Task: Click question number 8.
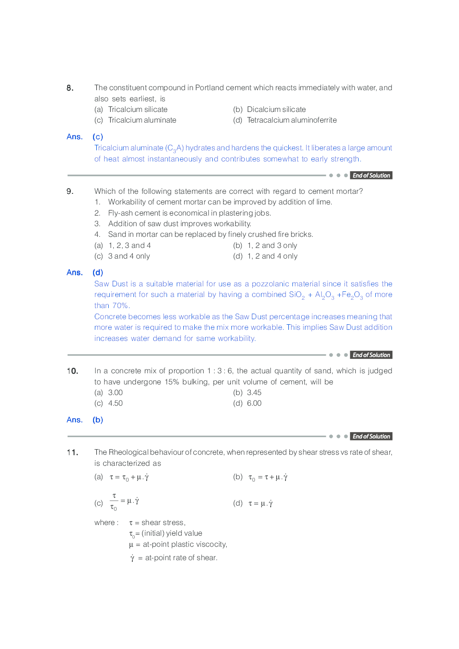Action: coord(70,88)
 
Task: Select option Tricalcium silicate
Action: coord(137,110)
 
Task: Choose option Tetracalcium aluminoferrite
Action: coord(292,120)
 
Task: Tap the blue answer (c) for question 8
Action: coord(98,137)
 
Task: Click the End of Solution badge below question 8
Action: coord(371,176)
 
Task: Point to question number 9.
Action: coord(70,192)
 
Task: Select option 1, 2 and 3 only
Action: coord(272,246)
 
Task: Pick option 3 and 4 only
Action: coord(129,256)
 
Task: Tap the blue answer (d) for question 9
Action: coord(98,272)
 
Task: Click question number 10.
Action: coord(72,371)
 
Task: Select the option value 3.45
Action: coord(254,393)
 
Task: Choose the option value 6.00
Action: coord(254,403)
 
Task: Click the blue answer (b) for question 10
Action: coord(98,420)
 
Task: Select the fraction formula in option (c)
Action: coord(124,501)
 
